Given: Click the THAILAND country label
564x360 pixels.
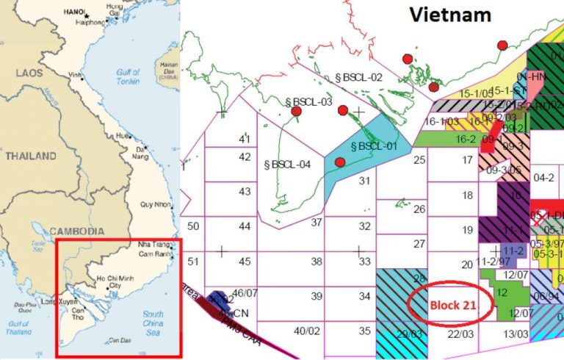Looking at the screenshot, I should [x=30, y=156].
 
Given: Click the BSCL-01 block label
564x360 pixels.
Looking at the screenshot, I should [x=375, y=145].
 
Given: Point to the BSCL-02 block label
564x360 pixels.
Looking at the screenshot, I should [x=359, y=76].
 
